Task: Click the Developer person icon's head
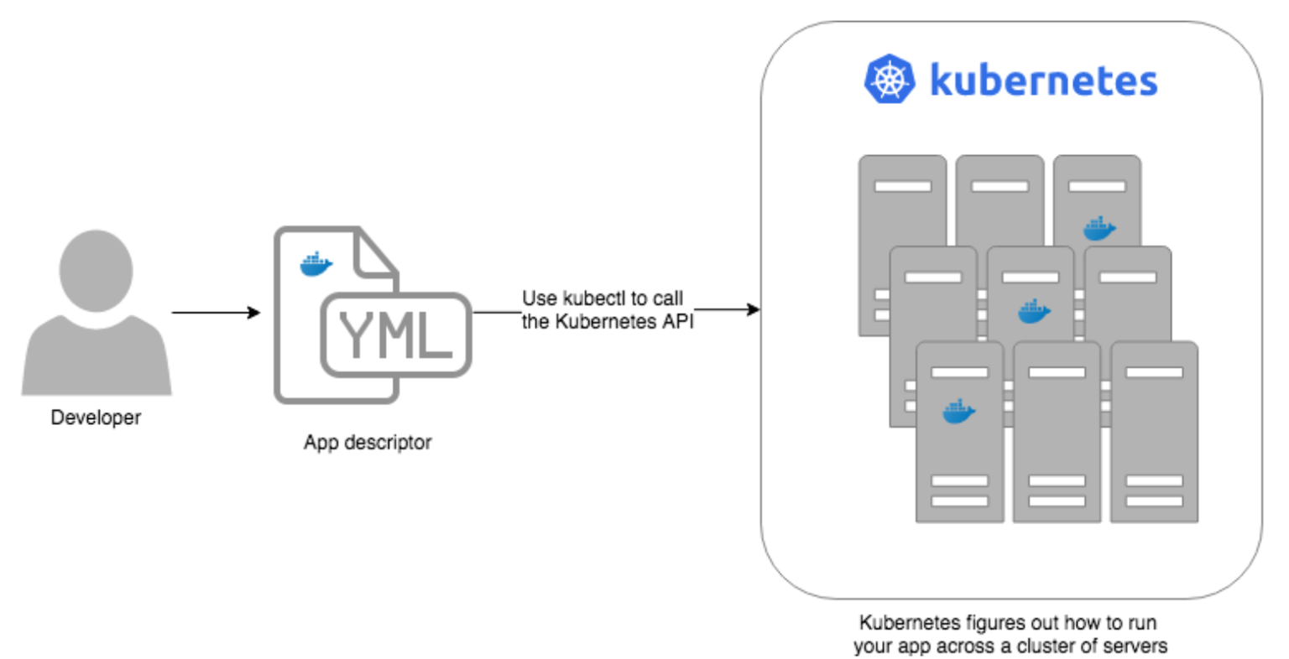tap(96, 270)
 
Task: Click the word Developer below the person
tap(96, 418)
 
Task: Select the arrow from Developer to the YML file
tap(216, 313)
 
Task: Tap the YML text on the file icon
tap(395, 335)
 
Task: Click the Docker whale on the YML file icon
tap(316, 265)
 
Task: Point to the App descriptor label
tap(368, 443)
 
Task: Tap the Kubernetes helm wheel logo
tap(890, 80)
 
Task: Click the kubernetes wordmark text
tap(1044, 81)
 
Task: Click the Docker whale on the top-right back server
tap(1099, 228)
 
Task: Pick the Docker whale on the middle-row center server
tap(1034, 312)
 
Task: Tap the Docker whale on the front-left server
tap(958, 412)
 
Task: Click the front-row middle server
tap(1057, 436)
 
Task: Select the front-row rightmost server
tap(1154, 436)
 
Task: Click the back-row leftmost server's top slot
tap(902, 186)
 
